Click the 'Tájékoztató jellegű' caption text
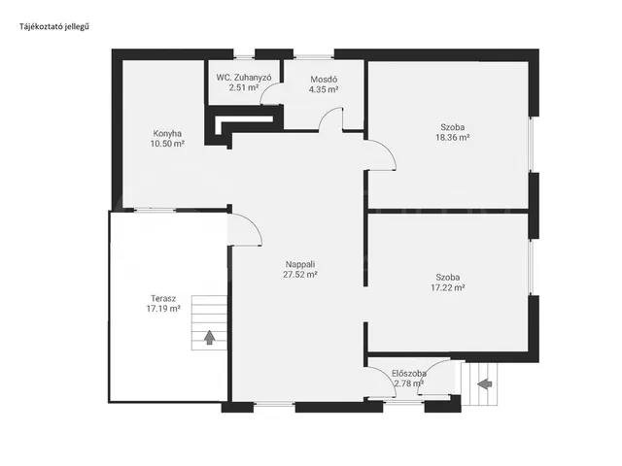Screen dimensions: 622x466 click(x=54, y=26)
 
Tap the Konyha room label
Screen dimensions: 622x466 click(x=167, y=134)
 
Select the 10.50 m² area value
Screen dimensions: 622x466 click(x=167, y=144)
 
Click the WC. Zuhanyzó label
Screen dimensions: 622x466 click(x=244, y=78)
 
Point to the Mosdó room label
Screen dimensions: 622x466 click(x=324, y=80)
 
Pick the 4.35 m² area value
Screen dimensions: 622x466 click(x=324, y=89)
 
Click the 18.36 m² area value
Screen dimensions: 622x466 click(x=453, y=138)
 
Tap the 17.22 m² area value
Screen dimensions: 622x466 click(x=448, y=287)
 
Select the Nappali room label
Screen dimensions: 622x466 click(x=300, y=264)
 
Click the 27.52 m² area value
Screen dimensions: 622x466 click(x=300, y=274)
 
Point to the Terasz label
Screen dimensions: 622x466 click(x=163, y=298)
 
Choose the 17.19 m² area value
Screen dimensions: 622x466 click(x=163, y=309)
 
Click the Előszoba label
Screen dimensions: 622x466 click(x=409, y=373)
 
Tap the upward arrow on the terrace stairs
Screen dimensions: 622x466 click(x=210, y=338)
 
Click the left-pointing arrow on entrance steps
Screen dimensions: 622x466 click(x=485, y=383)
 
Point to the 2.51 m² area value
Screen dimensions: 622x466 click(x=244, y=87)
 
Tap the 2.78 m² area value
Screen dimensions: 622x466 click(x=409, y=383)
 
